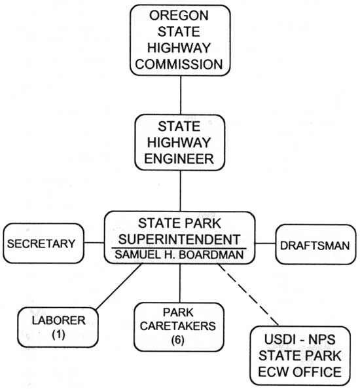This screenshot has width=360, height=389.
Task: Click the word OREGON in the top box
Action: point(179,16)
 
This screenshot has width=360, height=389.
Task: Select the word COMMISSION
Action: point(179,64)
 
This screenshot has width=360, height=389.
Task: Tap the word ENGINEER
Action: point(179,158)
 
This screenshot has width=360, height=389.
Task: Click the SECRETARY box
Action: point(43,244)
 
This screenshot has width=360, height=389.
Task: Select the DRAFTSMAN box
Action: point(315,245)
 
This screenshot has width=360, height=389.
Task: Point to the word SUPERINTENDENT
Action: point(179,240)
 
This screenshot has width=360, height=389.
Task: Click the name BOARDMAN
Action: point(211,255)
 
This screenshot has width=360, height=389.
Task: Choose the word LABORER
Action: point(58,320)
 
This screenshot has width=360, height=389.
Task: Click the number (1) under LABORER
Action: point(58,335)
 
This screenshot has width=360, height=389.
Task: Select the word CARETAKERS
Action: point(178,326)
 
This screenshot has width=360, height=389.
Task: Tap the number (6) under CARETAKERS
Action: point(178,340)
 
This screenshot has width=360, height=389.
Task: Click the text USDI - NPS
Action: point(300,339)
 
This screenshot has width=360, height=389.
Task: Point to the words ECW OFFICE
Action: point(300,371)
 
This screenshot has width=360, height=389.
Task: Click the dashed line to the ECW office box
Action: point(248,295)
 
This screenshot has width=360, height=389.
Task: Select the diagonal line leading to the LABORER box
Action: point(118,287)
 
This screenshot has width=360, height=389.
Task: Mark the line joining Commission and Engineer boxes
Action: point(181,95)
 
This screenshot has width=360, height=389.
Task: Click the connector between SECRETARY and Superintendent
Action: point(94,242)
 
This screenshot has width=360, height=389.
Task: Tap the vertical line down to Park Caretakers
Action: point(180,284)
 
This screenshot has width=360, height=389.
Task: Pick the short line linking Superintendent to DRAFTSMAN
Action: point(265,244)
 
